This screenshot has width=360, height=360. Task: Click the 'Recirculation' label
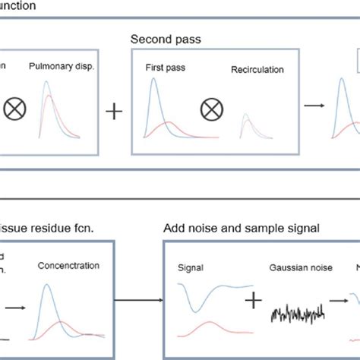257,71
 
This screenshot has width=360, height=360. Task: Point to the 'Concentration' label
64,266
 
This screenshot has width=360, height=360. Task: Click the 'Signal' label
191,267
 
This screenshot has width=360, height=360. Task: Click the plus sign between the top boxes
114,112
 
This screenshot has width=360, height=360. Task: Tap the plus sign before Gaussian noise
252,302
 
